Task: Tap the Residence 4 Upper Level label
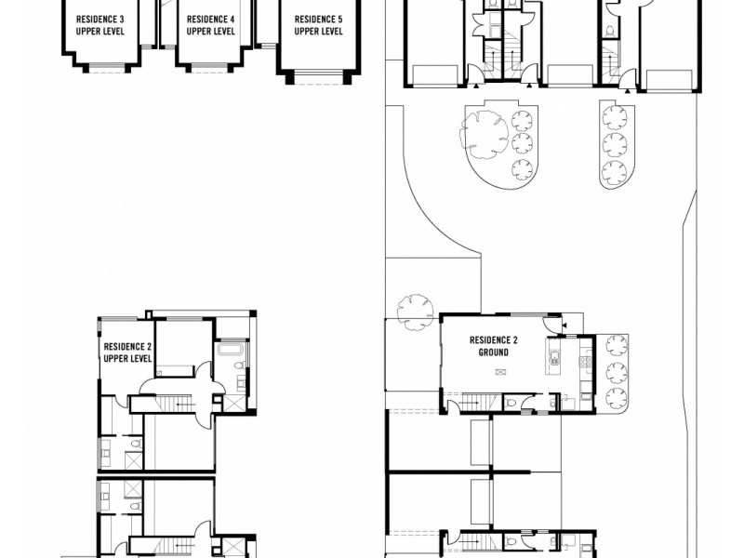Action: click(x=210, y=25)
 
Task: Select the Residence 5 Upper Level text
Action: click(x=318, y=25)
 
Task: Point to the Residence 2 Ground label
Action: click(x=493, y=346)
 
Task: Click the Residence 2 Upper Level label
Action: click(x=127, y=351)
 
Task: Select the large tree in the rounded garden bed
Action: click(x=483, y=126)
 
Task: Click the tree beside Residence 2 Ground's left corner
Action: click(x=412, y=310)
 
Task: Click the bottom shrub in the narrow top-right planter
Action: click(x=613, y=171)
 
